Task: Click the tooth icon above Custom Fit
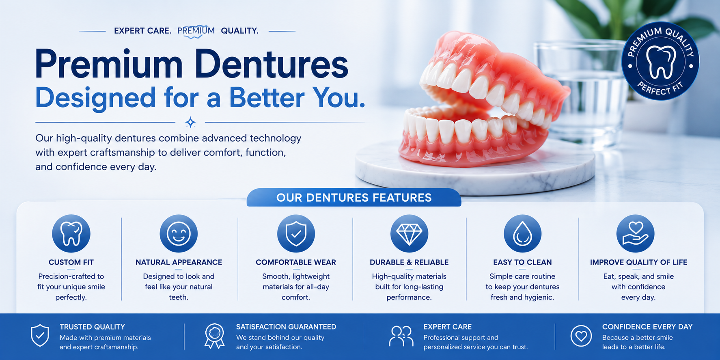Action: [71, 233]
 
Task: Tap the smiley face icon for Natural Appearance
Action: [179, 233]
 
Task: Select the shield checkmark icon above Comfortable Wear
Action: [296, 233]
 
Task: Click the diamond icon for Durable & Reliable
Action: [409, 233]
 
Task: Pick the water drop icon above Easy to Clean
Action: [522, 233]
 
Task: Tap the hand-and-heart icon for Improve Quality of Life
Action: [635, 233]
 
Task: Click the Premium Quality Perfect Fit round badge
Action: [660, 61]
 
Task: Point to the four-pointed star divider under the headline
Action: [190, 122]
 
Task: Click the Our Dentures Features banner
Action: [354, 197]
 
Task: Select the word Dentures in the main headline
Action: [271, 64]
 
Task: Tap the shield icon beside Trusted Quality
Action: [40, 336]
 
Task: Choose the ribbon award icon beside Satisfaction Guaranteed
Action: [215, 336]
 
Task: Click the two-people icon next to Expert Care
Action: [401, 336]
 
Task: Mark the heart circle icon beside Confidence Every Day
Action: [581, 336]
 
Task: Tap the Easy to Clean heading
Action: [522, 262]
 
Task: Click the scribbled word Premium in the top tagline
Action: [196, 31]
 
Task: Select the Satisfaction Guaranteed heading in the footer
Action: [286, 327]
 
